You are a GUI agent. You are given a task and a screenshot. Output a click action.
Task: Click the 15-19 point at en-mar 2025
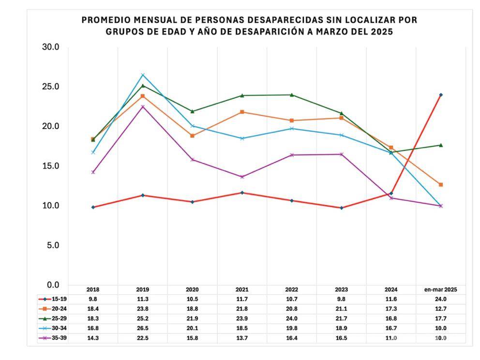[x=441, y=95]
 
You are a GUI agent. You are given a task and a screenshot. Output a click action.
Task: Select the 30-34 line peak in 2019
[x=143, y=75]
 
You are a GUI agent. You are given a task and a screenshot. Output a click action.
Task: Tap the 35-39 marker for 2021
[x=242, y=177]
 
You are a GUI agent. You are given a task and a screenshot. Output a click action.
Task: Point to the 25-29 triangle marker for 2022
[x=292, y=95]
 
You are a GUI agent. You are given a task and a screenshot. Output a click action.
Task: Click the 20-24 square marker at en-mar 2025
[x=441, y=184]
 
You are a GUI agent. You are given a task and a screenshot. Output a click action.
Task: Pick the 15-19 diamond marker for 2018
[x=93, y=207]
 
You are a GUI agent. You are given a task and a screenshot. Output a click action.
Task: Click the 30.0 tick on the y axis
[x=50, y=47]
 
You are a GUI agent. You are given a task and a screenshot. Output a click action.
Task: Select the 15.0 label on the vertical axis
[x=50, y=166]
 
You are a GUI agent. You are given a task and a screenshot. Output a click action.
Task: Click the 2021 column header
[x=242, y=290]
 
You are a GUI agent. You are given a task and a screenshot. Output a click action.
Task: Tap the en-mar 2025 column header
[x=440, y=290]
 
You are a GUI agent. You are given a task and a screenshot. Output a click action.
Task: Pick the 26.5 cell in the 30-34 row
[x=143, y=329]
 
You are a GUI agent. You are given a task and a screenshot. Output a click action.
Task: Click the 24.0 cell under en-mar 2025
[x=440, y=299]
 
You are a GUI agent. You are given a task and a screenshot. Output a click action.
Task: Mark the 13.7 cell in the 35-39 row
[x=242, y=338]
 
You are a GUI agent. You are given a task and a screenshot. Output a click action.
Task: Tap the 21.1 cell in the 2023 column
[x=341, y=309]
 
